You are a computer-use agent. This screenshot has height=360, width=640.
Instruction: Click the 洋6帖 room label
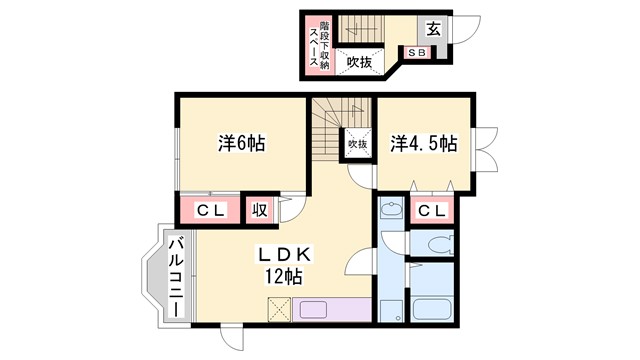pos(241,143)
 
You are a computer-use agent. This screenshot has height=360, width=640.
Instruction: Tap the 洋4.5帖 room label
pos(423,144)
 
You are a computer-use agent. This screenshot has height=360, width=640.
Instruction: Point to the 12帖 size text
pos(284,275)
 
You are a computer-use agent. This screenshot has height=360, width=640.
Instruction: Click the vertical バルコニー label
pos(174,275)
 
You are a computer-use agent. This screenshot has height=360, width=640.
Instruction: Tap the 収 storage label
pos(258,210)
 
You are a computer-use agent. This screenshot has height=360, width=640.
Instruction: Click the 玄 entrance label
pos(437,28)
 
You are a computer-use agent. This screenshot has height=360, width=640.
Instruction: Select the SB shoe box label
pos(415,53)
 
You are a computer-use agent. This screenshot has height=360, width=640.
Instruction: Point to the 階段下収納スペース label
pos(320,44)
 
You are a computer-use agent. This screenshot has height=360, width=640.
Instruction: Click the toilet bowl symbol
pos(437,243)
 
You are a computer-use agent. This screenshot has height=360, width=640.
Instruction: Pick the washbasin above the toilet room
pos(391,211)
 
